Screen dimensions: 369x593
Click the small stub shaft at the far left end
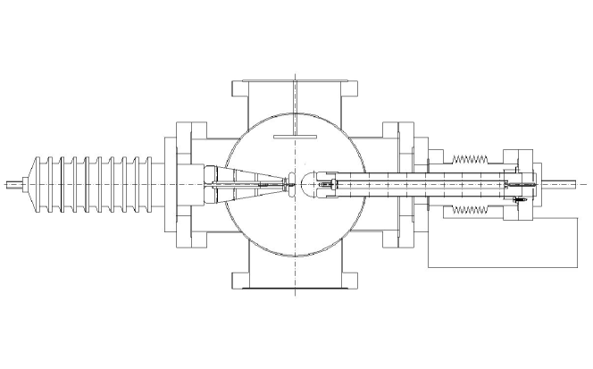click(13, 186)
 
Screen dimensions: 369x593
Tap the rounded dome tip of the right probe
click(305, 185)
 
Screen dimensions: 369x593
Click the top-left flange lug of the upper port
click(238, 89)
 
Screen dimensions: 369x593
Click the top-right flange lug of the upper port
click(351, 89)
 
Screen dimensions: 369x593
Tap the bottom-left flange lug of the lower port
click(238, 281)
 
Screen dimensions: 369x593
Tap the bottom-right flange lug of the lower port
click(351, 281)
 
